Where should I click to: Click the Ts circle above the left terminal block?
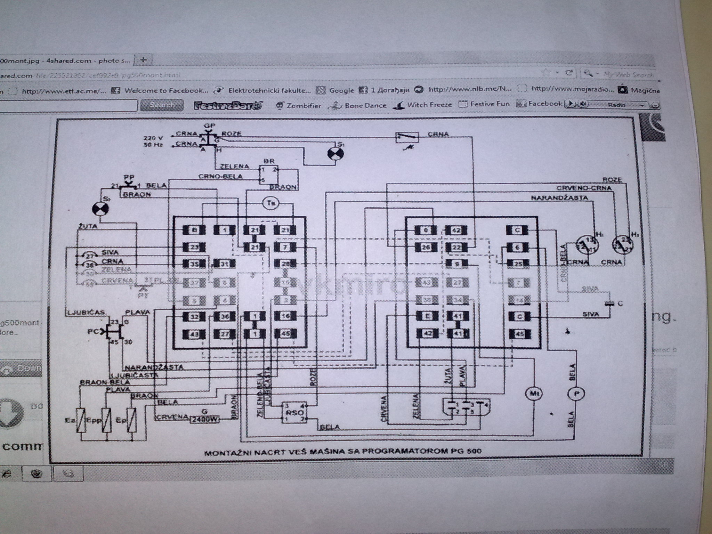click(x=270, y=203)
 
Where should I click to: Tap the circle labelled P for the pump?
click(x=576, y=394)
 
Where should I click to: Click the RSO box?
click(x=294, y=413)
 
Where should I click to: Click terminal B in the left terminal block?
click(x=194, y=230)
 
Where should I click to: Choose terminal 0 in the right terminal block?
click(x=426, y=230)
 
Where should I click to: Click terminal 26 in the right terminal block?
click(x=426, y=247)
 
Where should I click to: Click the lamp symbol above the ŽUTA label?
click(x=100, y=209)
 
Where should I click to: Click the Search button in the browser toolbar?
click(x=162, y=105)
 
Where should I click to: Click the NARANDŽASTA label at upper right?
click(x=559, y=198)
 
